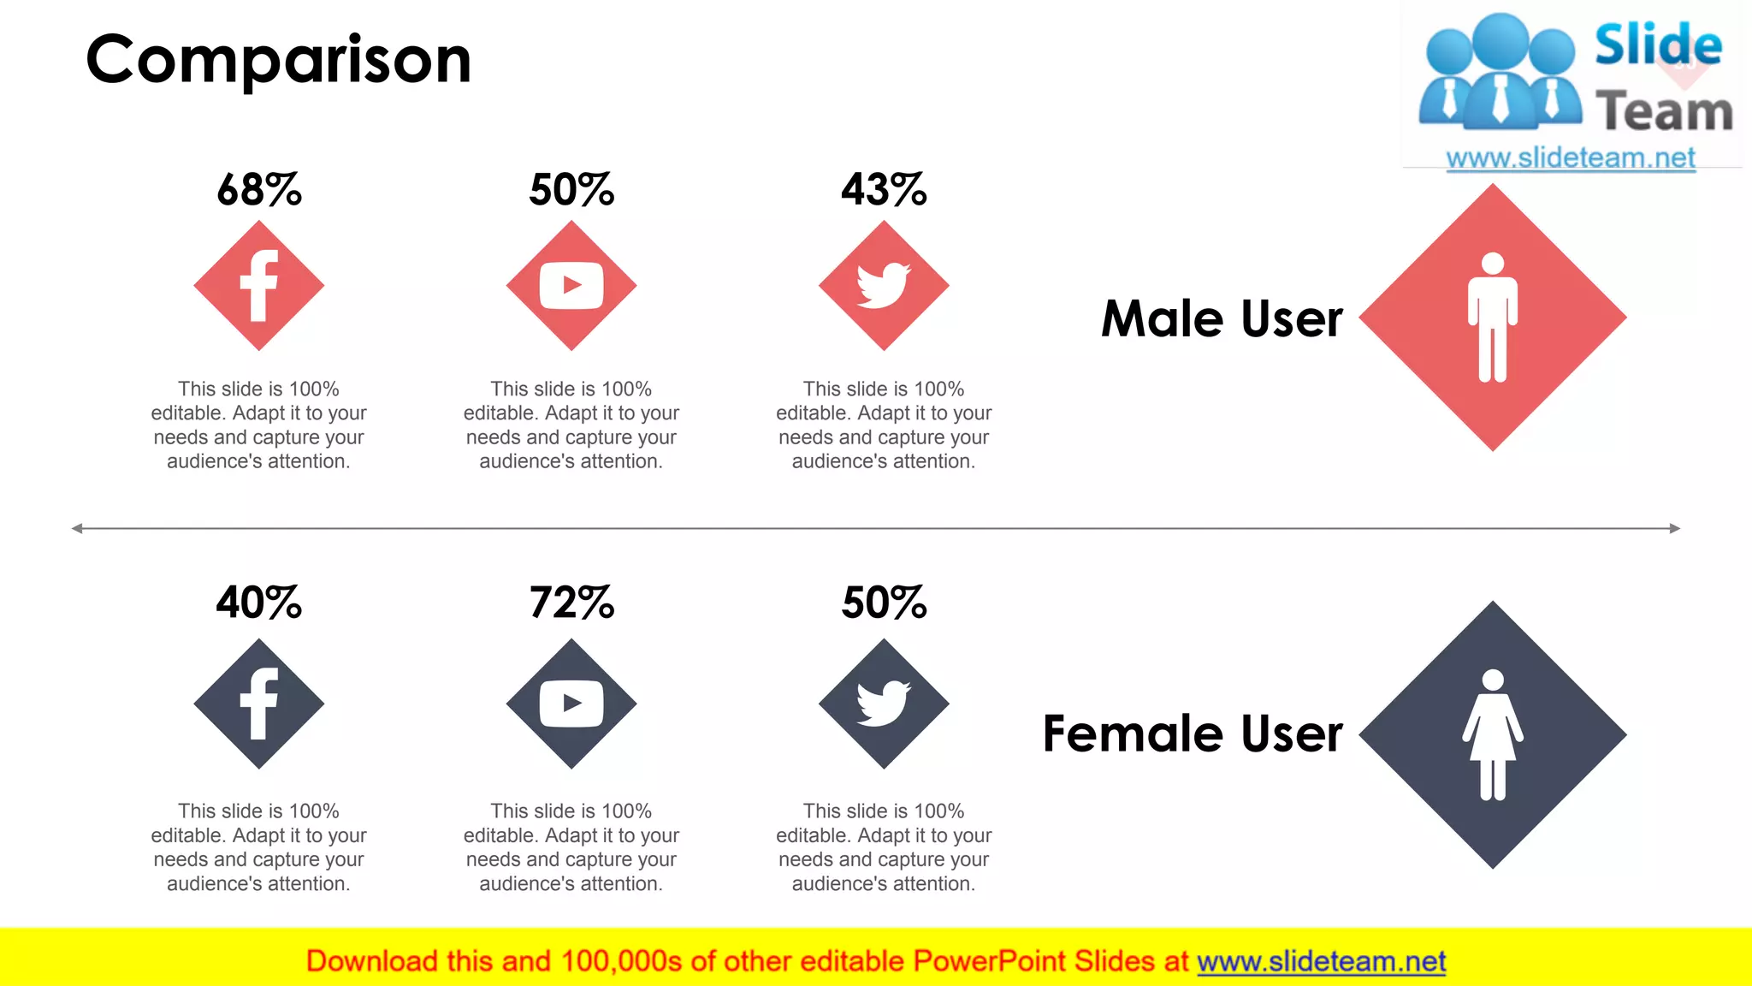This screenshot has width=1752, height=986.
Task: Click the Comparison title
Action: coord(279,60)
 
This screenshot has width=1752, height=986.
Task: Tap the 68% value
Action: coord(259,189)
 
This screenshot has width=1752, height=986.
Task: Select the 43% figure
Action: coord(884,189)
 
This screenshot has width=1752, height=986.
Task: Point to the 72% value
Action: coord(571,603)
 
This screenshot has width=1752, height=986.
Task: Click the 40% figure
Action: coord(259,603)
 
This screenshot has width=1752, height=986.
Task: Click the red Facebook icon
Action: coord(259,286)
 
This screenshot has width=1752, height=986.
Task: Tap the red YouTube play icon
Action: coord(571,286)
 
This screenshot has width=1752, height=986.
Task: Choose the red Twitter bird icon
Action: coord(884,286)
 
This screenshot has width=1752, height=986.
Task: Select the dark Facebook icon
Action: coord(259,704)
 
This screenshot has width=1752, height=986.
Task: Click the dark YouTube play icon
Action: coord(571,704)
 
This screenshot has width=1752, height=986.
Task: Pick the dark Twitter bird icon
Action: coord(884,704)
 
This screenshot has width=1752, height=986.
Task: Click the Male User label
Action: coord(1222,319)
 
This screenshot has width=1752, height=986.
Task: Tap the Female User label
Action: coord(1193,734)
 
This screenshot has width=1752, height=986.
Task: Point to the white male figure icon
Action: coord(1493,318)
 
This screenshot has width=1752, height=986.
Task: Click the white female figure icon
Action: coord(1493,735)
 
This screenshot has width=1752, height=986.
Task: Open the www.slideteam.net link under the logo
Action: coord(1571,158)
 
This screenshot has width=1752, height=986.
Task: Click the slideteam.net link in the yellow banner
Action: coord(1321,962)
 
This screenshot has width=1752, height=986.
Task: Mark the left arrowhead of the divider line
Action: coord(77,529)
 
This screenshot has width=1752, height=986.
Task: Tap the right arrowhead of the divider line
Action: coord(1675,529)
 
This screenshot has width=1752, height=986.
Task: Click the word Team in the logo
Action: coord(1664,112)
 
